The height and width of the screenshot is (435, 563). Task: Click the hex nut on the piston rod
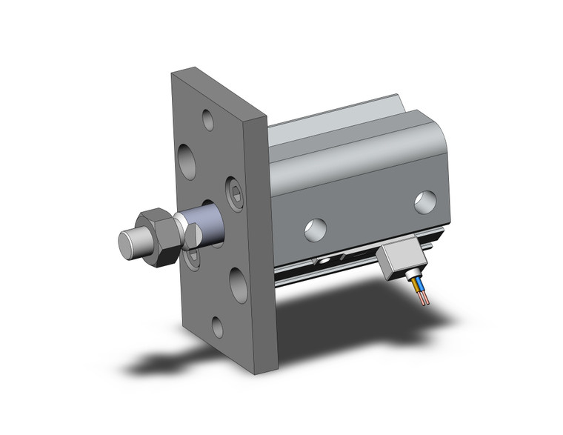click(x=159, y=236)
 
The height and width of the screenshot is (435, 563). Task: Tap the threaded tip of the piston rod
click(x=131, y=244)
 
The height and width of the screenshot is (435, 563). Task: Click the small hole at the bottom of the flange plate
click(x=216, y=326)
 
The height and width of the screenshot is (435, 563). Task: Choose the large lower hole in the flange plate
click(x=239, y=284)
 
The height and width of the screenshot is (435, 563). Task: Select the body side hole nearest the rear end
click(x=424, y=202)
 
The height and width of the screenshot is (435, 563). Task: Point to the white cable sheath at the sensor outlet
click(x=411, y=276)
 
